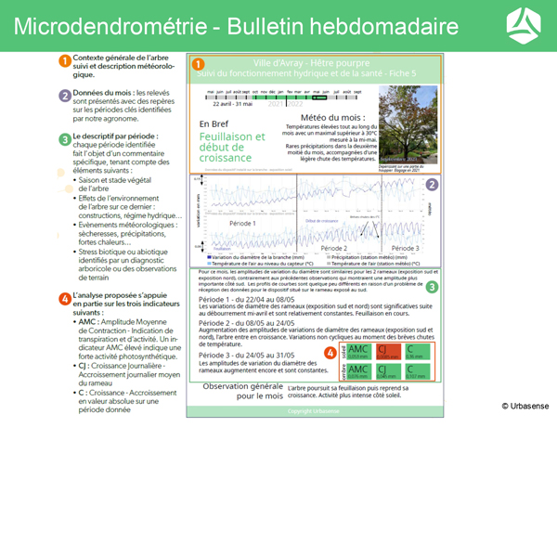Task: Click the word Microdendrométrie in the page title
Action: (110, 26)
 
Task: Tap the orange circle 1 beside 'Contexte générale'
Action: (64, 60)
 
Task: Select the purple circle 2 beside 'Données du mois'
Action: (64, 95)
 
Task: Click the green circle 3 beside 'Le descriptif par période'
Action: (64, 139)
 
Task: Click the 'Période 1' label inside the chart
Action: (242, 225)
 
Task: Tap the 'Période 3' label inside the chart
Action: (405, 248)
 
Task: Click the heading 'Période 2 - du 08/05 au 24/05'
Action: (247, 322)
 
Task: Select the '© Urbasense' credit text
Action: (525, 406)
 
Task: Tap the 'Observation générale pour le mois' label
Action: (243, 390)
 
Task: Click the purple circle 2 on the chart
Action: (432, 184)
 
